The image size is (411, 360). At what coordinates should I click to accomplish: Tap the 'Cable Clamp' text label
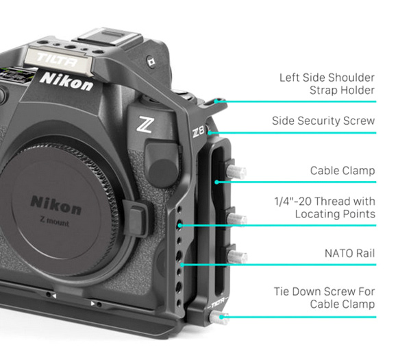[x=342, y=170]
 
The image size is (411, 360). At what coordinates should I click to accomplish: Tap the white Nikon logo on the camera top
[x=66, y=80]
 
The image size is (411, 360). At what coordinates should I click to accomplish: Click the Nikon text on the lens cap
[x=55, y=205]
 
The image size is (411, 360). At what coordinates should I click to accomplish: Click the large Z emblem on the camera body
[x=145, y=125]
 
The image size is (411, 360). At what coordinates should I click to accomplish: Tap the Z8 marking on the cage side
[x=198, y=131]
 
